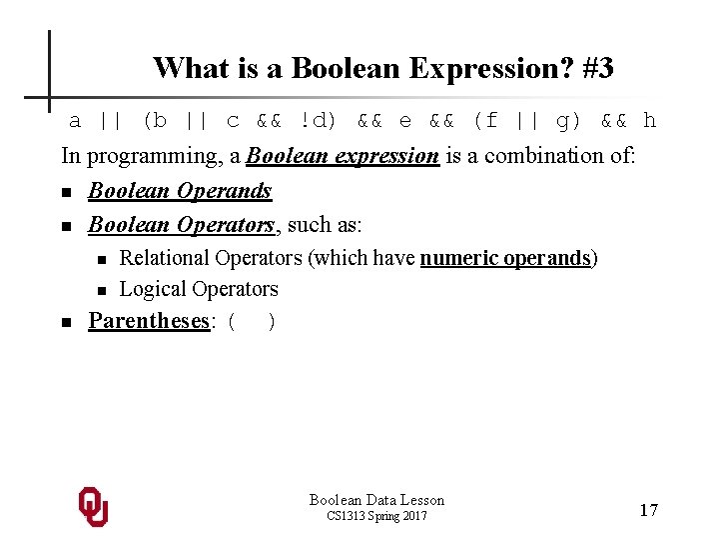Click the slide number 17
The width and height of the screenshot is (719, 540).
click(648, 510)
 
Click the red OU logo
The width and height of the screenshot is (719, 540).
click(93, 507)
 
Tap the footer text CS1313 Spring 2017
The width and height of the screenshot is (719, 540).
click(376, 516)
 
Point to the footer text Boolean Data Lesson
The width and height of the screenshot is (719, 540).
click(376, 500)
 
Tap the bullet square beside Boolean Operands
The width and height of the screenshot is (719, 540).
click(65, 192)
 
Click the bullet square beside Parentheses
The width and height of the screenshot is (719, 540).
click(65, 323)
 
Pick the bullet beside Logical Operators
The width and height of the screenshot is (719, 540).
click(101, 291)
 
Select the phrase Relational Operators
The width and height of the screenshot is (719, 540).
click(210, 258)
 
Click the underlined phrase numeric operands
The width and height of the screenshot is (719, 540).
click(505, 258)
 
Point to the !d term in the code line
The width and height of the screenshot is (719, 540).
click(318, 121)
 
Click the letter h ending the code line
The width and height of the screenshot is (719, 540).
click(650, 121)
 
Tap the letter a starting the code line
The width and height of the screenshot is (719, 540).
click(75, 121)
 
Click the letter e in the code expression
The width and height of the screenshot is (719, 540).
click(404, 121)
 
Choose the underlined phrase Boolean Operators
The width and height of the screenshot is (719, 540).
click(180, 225)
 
